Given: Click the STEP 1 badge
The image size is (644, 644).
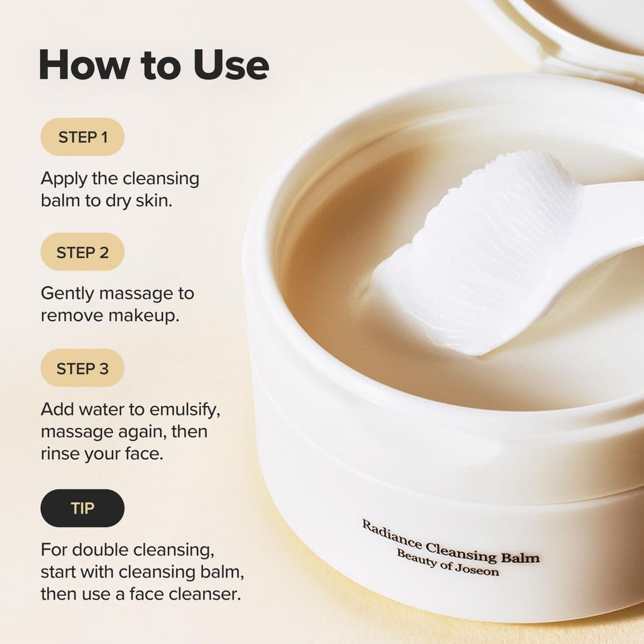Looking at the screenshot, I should pyautogui.click(x=83, y=137).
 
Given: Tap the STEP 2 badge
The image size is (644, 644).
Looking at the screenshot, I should pyautogui.click(x=83, y=252).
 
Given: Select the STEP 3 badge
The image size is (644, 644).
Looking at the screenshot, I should pyautogui.click(x=83, y=369).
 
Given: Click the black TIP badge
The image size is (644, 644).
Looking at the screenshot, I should pyautogui.click(x=82, y=508).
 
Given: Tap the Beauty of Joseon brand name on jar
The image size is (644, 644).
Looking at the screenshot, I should pyautogui.click(x=448, y=562).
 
